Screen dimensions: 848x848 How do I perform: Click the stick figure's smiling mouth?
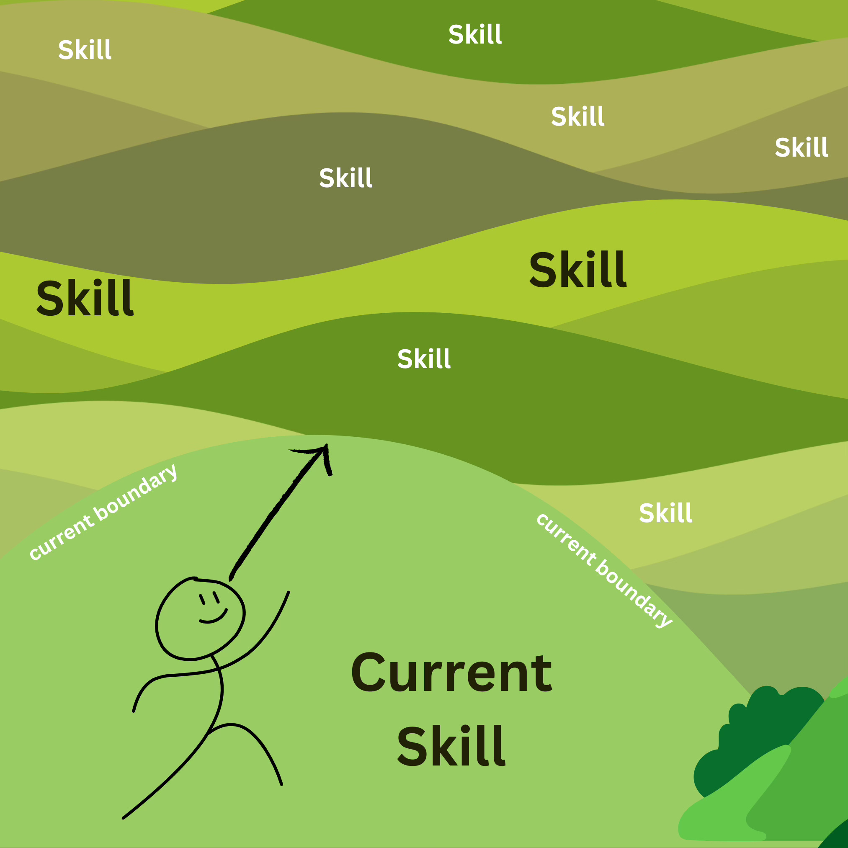tap(213, 619)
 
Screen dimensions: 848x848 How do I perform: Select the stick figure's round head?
tap(200, 619)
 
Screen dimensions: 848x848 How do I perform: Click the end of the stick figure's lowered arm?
tap(134, 711)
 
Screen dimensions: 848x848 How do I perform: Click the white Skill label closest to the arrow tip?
tap(423, 358)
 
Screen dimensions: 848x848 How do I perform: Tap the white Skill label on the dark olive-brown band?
tap(345, 178)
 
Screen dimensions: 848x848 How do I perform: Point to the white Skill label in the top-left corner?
tap(85, 49)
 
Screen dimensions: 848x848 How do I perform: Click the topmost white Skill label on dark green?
tap(475, 34)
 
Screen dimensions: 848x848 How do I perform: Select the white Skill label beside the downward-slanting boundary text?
tap(665, 513)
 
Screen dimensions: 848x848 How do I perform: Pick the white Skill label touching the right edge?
tap(802, 147)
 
